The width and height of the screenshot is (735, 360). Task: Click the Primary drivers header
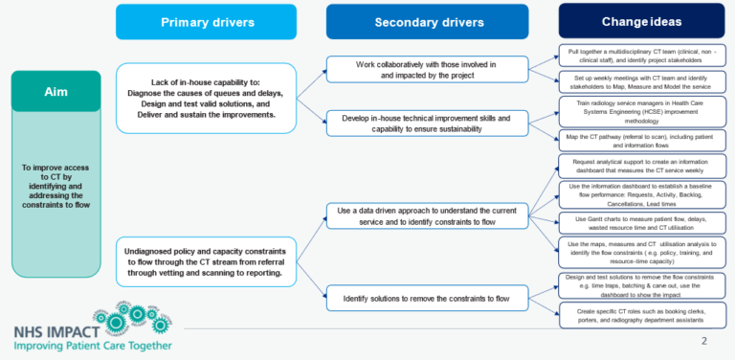(x=207, y=22)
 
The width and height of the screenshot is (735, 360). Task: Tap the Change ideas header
(x=641, y=21)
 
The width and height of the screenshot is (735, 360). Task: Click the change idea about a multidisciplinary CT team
(x=641, y=54)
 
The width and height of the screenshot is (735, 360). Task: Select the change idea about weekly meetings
(x=641, y=82)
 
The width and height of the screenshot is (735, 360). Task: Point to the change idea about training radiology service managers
(x=641, y=111)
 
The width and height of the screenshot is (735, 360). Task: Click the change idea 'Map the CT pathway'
(x=641, y=141)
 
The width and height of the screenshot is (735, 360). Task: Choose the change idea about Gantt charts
(x=641, y=223)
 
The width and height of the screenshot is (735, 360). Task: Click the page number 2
(x=704, y=341)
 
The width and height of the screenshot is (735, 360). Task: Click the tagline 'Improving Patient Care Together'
(x=87, y=345)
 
